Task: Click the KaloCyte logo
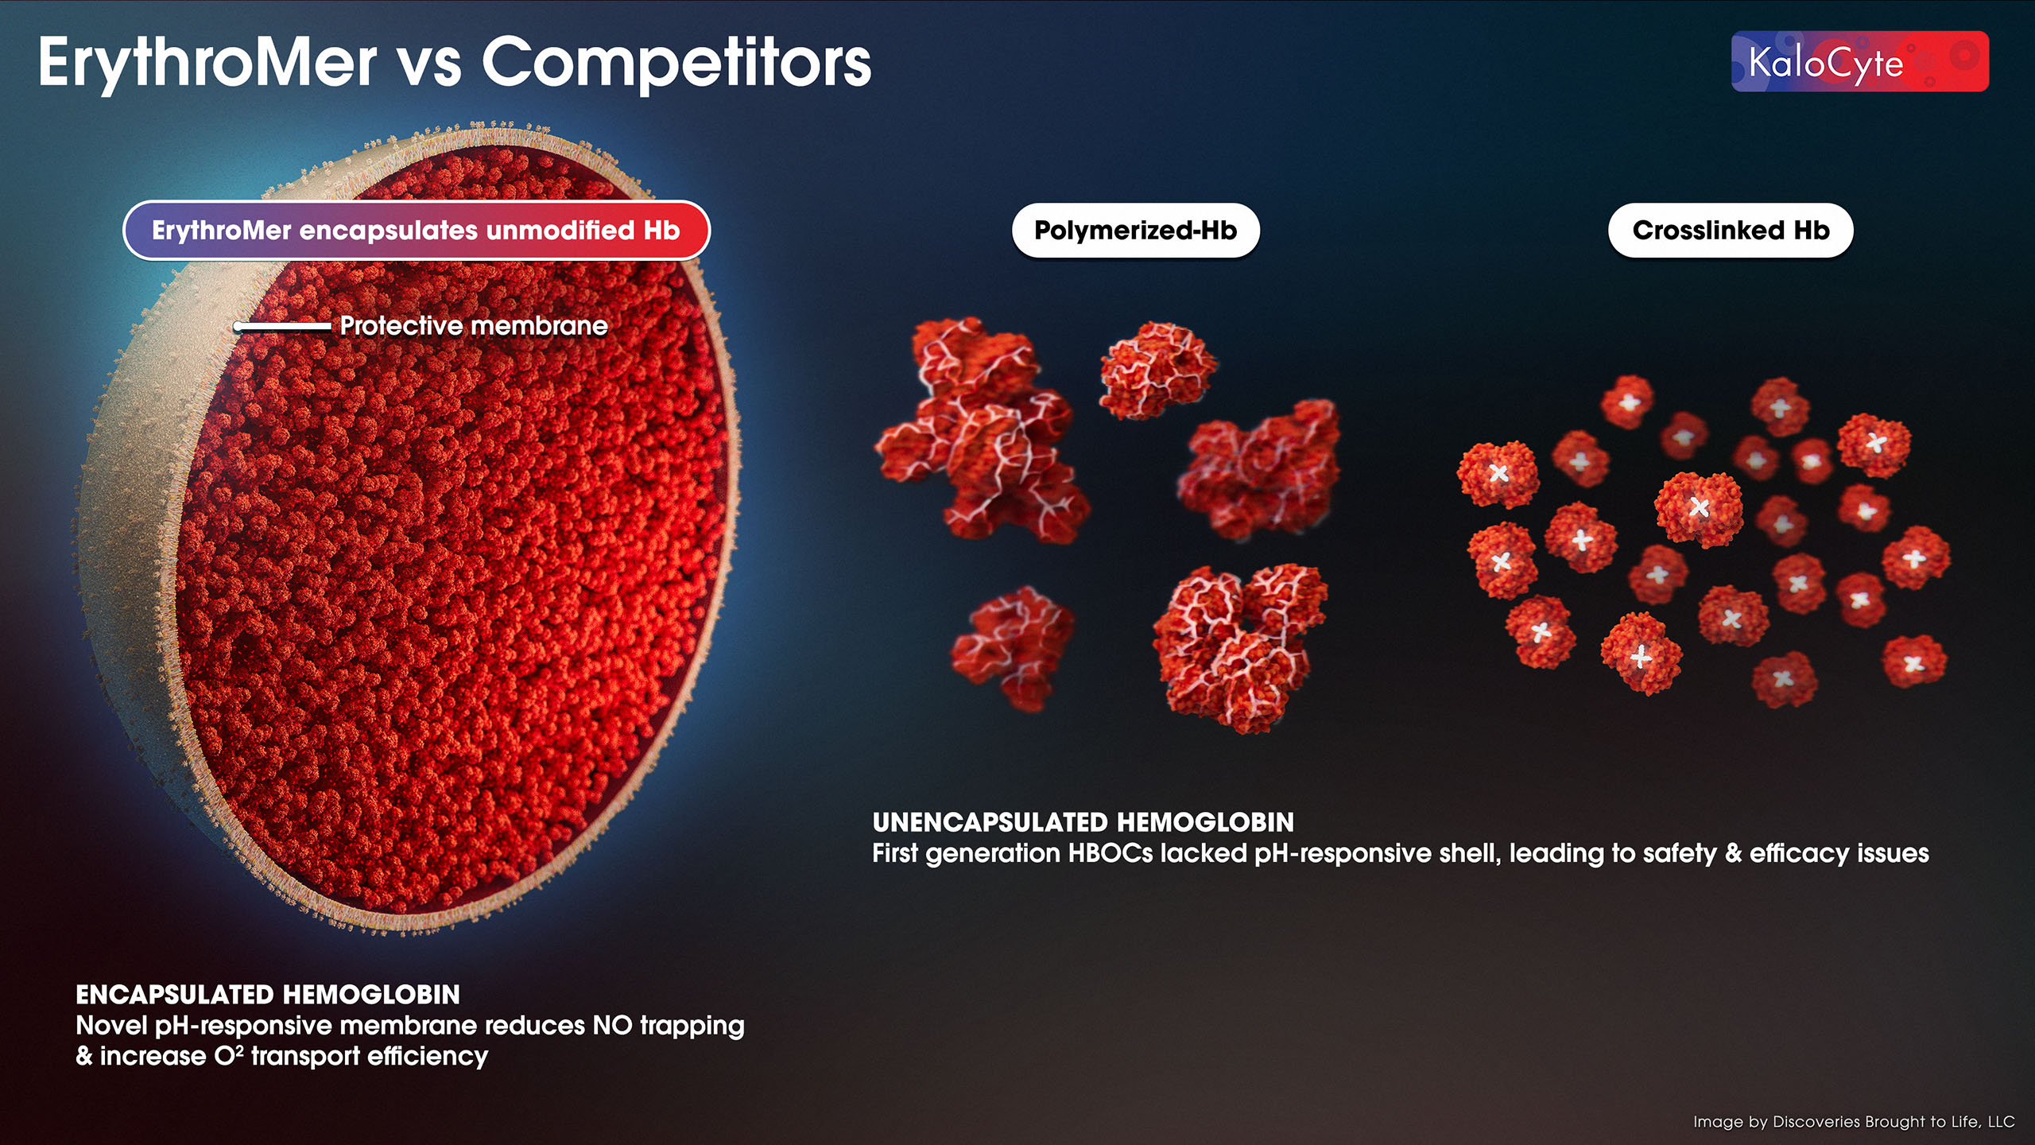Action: tap(1859, 61)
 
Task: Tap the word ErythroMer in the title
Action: tap(207, 64)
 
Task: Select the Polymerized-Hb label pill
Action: tap(1135, 231)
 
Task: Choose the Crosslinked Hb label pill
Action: tap(1731, 231)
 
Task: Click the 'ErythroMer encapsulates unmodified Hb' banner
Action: tap(417, 231)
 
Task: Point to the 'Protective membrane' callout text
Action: tap(474, 326)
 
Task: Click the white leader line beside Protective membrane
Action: tap(282, 326)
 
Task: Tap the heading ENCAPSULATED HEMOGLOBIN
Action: tap(268, 995)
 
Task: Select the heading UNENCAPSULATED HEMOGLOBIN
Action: tap(1083, 822)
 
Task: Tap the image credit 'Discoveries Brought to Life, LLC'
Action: tap(1894, 1122)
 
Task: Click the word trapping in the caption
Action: tap(692, 1027)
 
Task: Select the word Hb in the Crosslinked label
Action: tap(1812, 231)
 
